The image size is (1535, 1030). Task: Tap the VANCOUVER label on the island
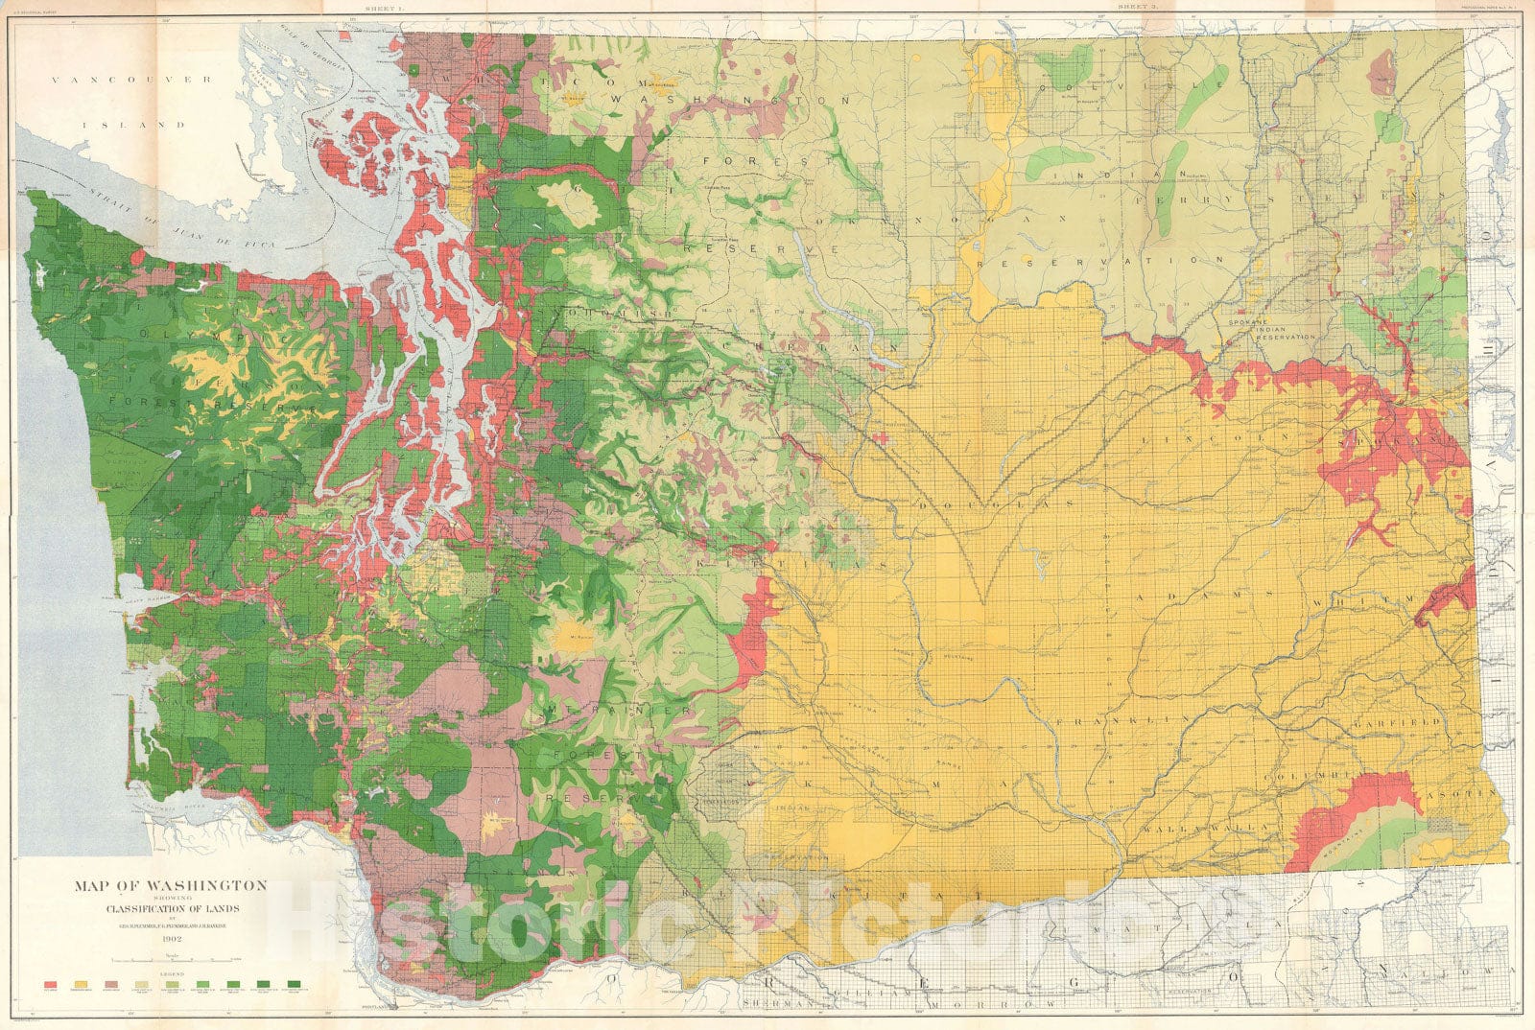pyautogui.click(x=131, y=81)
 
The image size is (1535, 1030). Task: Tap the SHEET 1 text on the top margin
pyautogui.click(x=366, y=7)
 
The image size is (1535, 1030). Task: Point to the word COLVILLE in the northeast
pyautogui.click(x=1119, y=87)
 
